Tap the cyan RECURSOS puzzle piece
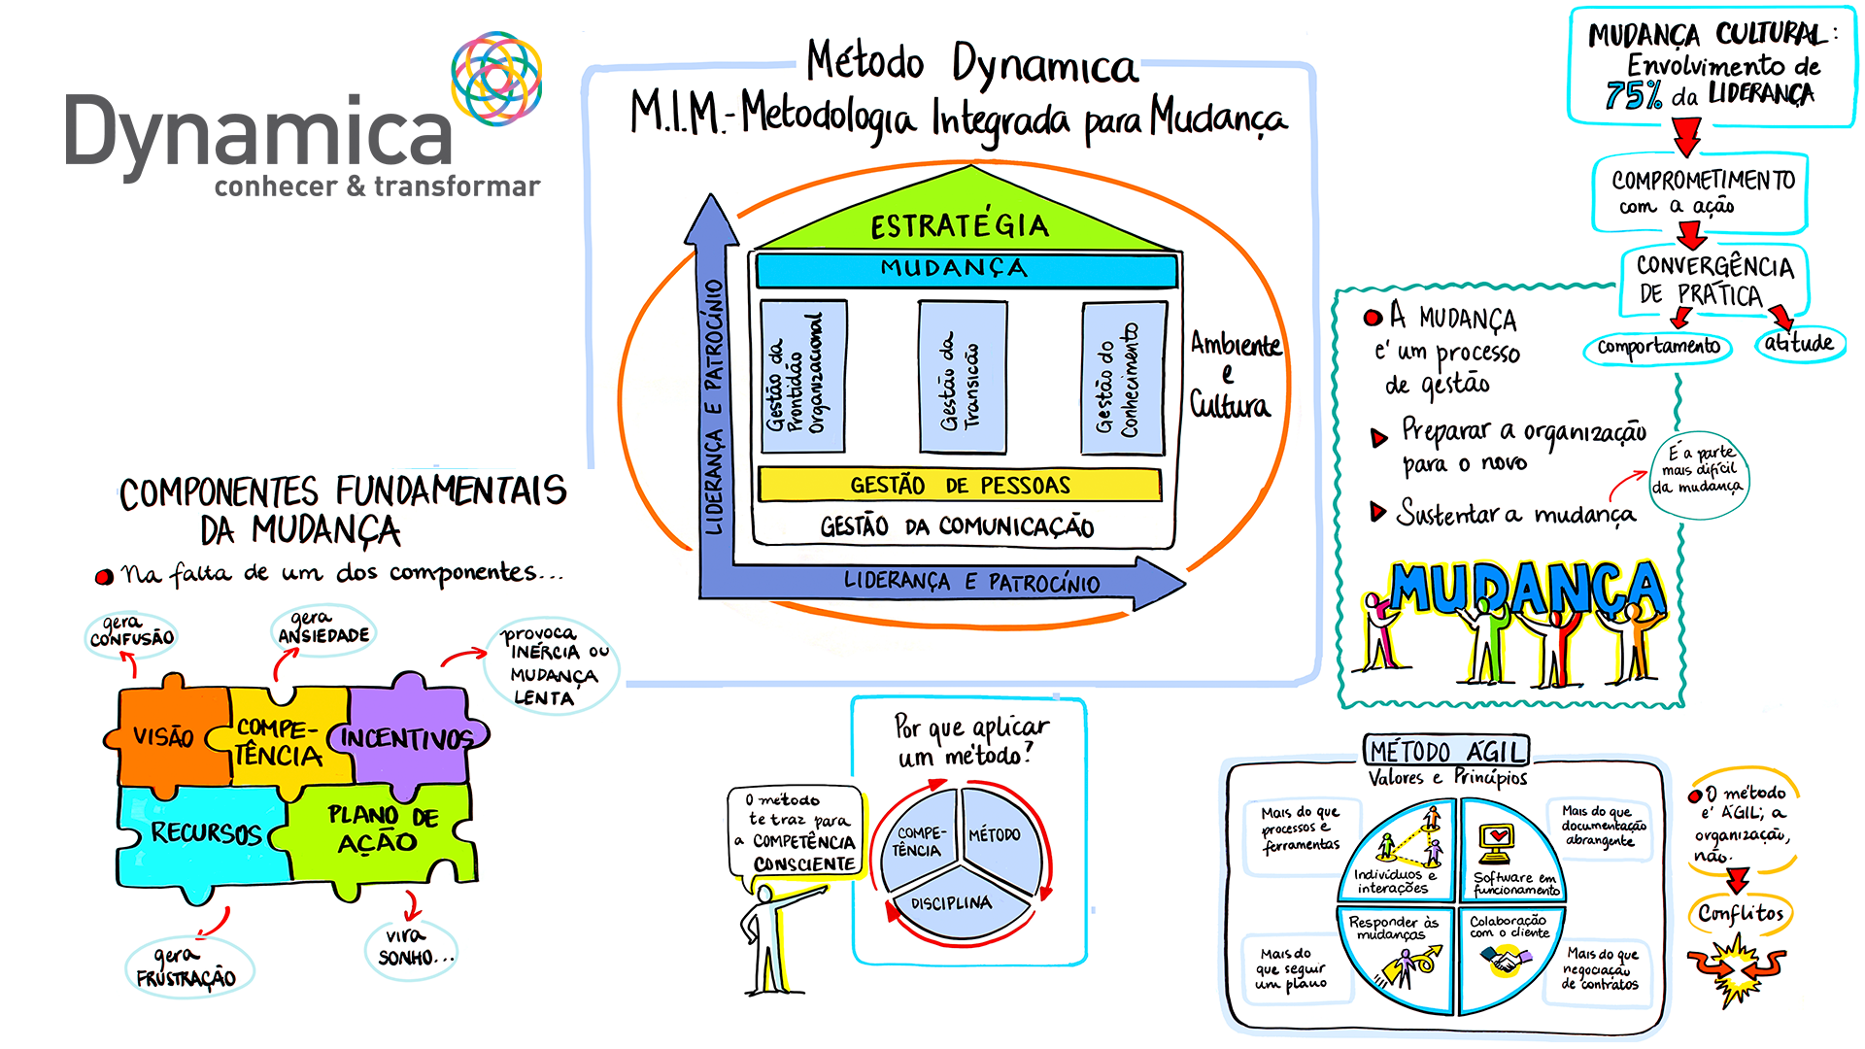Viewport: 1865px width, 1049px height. point(204,832)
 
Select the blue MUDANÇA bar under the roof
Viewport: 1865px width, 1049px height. point(966,269)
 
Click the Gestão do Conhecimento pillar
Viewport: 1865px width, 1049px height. point(1123,379)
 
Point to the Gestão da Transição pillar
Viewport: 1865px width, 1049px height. point(962,379)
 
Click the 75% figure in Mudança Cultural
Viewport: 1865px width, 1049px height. point(1634,95)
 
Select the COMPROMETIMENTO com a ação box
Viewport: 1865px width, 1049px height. point(1700,192)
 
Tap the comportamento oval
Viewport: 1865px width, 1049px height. point(1658,347)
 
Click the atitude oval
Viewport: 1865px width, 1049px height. point(1799,343)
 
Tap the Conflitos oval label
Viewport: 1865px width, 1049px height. point(1741,914)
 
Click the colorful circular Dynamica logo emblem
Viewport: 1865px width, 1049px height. point(495,78)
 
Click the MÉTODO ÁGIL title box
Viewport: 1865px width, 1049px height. point(1447,751)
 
